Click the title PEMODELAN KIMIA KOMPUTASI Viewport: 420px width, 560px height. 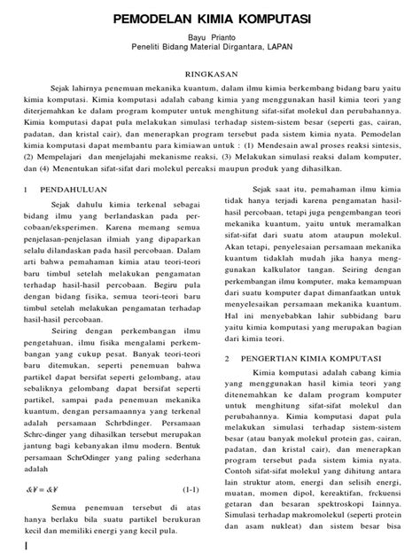pos(210,18)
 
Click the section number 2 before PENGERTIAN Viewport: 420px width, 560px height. pos(228,334)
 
